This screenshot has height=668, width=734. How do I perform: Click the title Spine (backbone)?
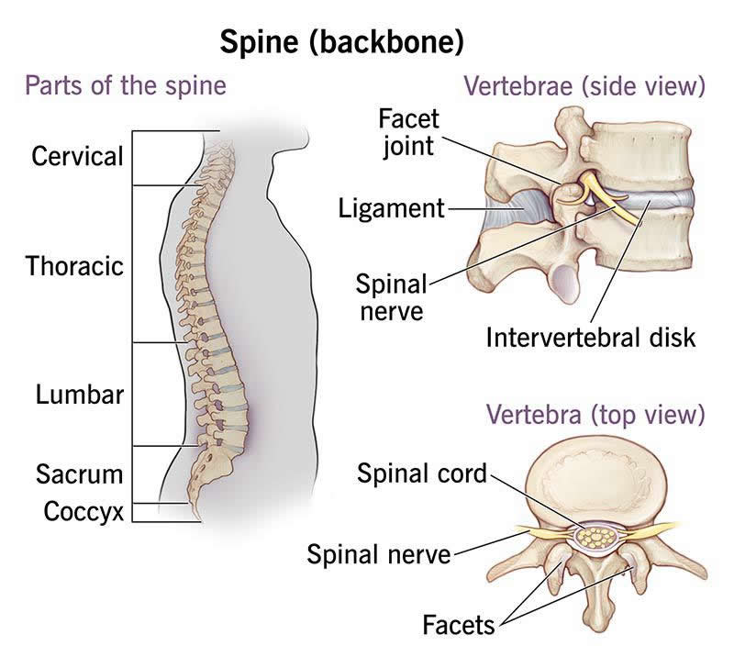[x=340, y=41]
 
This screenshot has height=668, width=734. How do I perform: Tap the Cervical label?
[x=77, y=156]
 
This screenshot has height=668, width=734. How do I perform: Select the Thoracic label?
[x=74, y=267]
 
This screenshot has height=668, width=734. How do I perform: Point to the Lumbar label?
[x=80, y=395]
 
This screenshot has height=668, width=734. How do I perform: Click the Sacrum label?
[x=80, y=474]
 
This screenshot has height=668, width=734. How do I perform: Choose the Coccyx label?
[x=83, y=511]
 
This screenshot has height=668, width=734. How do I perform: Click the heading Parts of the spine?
[x=125, y=88]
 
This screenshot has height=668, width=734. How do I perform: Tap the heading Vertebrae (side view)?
[x=584, y=88]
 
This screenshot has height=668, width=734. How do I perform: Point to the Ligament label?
[x=390, y=208]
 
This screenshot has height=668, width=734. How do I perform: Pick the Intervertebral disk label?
[x=591, y=337]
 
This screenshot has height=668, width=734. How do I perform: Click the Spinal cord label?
[x=422, y=474]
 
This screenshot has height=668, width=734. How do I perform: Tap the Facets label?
[x=458, y=626]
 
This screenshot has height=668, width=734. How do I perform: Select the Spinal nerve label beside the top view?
[x=379, y=553]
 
